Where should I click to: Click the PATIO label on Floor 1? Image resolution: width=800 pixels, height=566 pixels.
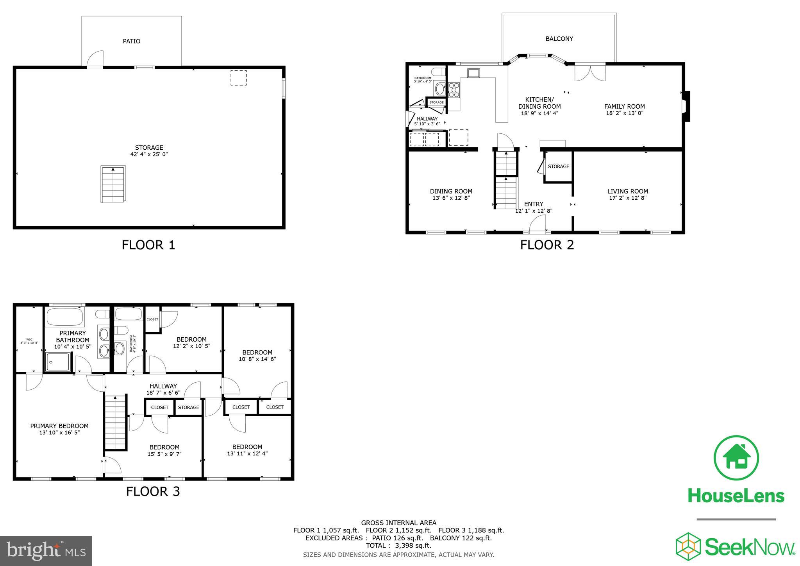tap(132, 41)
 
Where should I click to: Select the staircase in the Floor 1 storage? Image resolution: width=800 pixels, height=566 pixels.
tap(113, 184)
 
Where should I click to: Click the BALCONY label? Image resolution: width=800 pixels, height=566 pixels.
tap(559, 39)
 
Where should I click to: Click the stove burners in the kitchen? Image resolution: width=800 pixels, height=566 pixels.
tap(454, 90)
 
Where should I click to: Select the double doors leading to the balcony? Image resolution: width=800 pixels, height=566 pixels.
tap(590, 72)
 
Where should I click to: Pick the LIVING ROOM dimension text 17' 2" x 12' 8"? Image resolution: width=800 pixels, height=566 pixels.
tap(627, 198)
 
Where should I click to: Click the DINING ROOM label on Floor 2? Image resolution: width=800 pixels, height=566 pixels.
tap(451, 191)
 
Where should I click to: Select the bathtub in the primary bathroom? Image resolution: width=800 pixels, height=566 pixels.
tap(65, 317)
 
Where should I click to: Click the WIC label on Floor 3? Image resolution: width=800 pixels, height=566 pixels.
tap(29, 340)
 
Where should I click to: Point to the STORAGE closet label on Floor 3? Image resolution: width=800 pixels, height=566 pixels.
tap(189, 407)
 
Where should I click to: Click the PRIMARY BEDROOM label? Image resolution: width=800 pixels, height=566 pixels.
tap(59, 426)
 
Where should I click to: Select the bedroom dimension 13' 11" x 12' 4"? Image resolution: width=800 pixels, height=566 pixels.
tap(247, 453)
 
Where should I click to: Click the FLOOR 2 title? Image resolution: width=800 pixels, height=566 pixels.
tap(547, 245)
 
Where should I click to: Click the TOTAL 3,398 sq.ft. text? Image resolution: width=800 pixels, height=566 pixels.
tap(398, 545)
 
